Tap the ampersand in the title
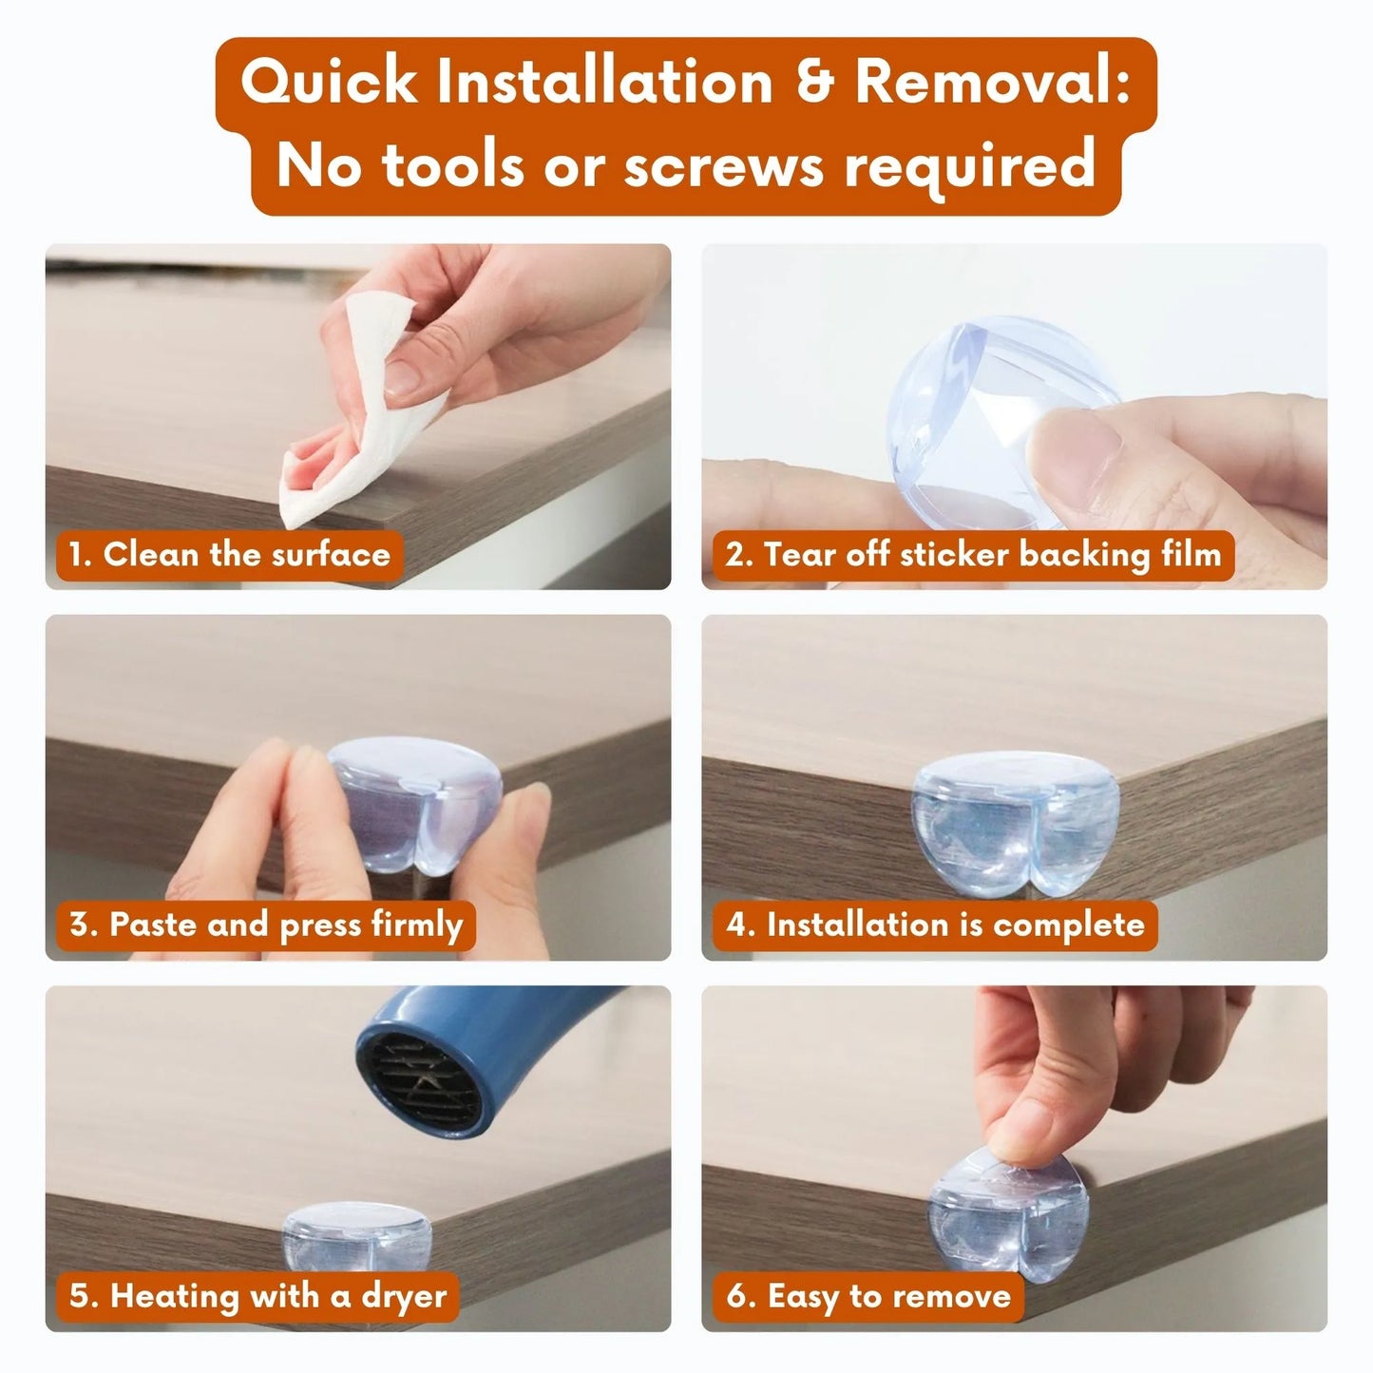pyautogui.click(x=813, y=83)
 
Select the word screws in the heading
pyautogui.click(x=725, y=165)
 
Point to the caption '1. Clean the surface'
pyautogui.click(x=229, y=554)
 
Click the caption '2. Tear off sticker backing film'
pyautogui.click(x=972, y=554)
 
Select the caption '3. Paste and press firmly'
pyautogui.click(x=265, y=925)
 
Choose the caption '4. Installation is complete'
pyautogui.click(x=935, y=925)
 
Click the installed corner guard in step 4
pyautogui.click(x=1015, y=831)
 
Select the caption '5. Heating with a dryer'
pyautogui.click(x=257, y=1295)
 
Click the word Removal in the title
pyautogui.click(x=991, y=83)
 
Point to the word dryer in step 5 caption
pyautogui.click(x=404, y=1296)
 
